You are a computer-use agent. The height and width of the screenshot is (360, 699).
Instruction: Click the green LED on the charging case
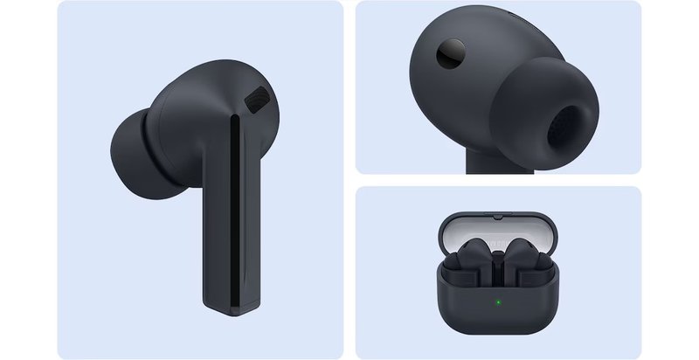pyautogui.click(x=497, y=303)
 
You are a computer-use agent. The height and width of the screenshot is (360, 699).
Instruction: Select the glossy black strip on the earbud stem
pyautogui.click(x=233, y=210)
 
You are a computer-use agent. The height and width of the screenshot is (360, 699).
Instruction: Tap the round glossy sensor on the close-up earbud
pyautogui.click(x=452, y=54)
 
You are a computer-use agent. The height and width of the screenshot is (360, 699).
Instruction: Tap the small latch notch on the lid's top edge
pyautogui.click(x=496, y=213)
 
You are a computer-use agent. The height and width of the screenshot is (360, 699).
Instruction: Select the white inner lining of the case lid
pyautogui.click(x=496, y=232)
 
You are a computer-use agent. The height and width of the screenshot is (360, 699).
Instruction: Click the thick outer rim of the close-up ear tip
pyautogui.click(x=533, y=105)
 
